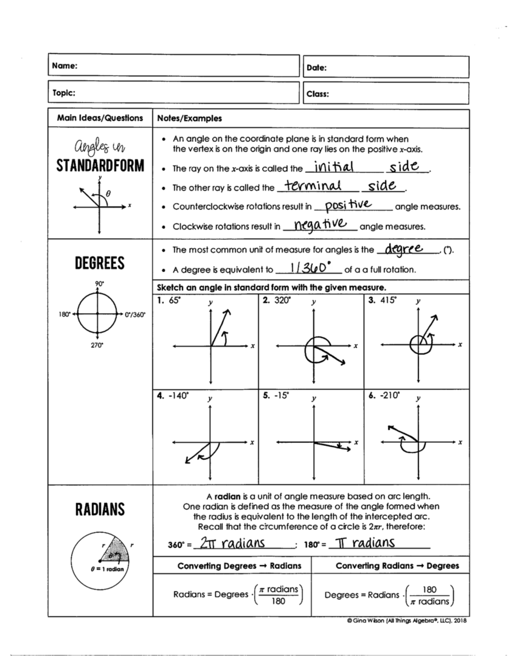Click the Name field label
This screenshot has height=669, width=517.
pyautogui.click(x=65, y=66)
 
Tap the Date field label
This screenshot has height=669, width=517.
pyautogui.click(x=316, y=68)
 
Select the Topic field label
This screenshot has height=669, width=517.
pyautogui.click(x=64, y=93)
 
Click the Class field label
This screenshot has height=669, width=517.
pyautogui.click(x=318, y=94)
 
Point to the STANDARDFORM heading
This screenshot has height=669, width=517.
pyautogui.click(x=100, y=166)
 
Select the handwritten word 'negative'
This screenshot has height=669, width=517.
pyautogui.click(x=320, y=224)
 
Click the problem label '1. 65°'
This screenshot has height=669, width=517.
pyautogui.click(x=168, y=300)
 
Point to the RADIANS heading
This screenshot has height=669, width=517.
pyautogui.click(x=100, y=509)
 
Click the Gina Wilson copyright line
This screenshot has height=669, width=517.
pyautogui.click(x=406, y=621)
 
